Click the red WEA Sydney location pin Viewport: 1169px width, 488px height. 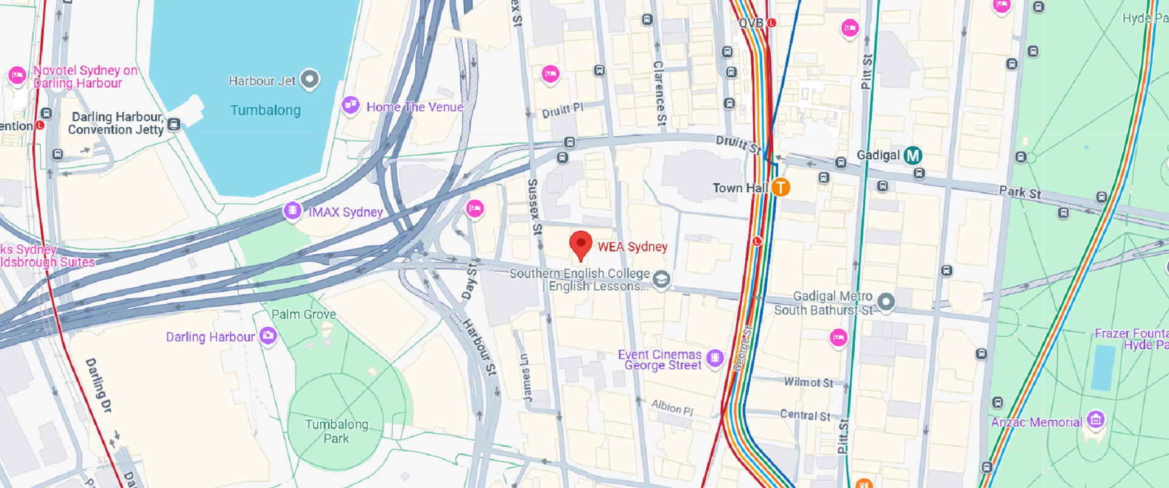pos(581,244)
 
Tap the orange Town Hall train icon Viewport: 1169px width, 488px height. pos(781,187)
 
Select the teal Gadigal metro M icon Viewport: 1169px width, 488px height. pos(912,156)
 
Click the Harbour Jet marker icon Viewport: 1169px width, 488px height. pos(310,79)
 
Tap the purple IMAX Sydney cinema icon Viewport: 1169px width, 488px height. pos(292,211)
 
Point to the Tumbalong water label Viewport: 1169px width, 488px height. pos(265,110)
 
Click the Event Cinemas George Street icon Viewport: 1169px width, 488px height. pos(715,358)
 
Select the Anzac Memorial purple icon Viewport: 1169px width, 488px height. pos(1095,419)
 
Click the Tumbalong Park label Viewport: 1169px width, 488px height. pos(336,431)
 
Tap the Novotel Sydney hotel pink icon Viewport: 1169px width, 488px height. pos(17,75)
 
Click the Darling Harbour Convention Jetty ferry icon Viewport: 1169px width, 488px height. pos(174,125)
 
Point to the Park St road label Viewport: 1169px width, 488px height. pos(1020,193)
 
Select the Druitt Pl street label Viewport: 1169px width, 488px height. pos(563,110)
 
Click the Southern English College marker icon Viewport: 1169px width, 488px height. pos(661,279)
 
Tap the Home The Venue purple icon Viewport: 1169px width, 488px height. pos(350,105)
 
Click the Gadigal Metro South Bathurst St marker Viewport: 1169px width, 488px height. pos(886,301)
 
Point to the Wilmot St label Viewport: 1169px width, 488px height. pos(808,382)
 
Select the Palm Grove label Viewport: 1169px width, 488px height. pos(303,315)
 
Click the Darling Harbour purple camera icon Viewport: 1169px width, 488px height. pos(268,335)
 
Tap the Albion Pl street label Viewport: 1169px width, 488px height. pos(672,407)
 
